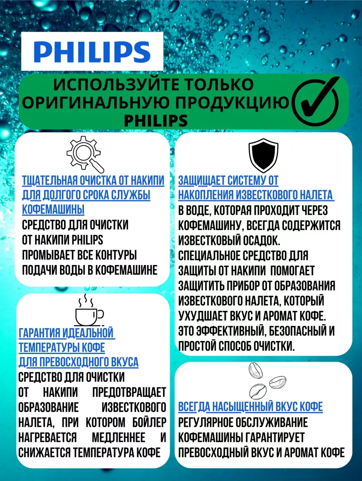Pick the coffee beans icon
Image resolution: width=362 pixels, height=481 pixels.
point(263,380)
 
